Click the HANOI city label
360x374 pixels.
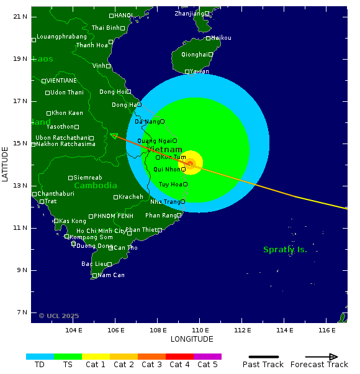[x=124, y=15]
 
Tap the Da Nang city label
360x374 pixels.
[x=147, y=122]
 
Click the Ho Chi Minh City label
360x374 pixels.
[x=101, y=231]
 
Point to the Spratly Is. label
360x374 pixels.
[x=285, y=250]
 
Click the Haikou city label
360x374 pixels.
[x=222, y=38]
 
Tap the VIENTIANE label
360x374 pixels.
[x=62, y=81]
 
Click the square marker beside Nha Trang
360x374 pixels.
[x=182, y=201]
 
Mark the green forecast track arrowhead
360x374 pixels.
[x=114, y=135]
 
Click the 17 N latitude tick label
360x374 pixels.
[x=20, y=101]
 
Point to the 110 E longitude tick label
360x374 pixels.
[x=200, y=330]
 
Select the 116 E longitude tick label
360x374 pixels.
[x=326, y=330]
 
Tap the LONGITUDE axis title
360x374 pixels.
[x=192, y=339]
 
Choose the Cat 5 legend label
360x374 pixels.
[x=207, y=365]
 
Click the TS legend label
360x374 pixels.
[x=68, y=365]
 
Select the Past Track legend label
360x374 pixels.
[x=263, y=365]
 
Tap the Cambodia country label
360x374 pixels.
[x=96, y=186]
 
